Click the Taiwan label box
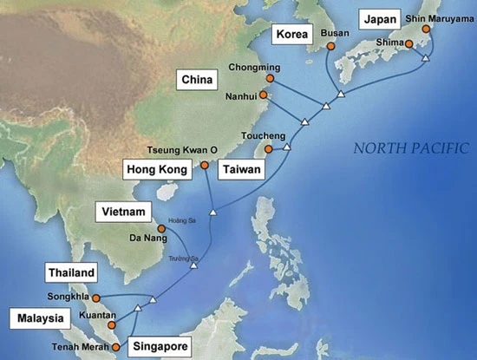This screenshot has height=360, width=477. click(238, 167)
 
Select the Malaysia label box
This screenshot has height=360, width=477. click(40, 318)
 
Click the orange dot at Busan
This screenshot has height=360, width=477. click(330, 46)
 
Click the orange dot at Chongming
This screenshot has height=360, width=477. click(270, 78)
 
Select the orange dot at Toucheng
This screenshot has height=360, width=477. click(269, 149)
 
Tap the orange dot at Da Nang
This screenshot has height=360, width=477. click(161, 228)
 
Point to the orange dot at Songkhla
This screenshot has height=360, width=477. click(96, 298)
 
